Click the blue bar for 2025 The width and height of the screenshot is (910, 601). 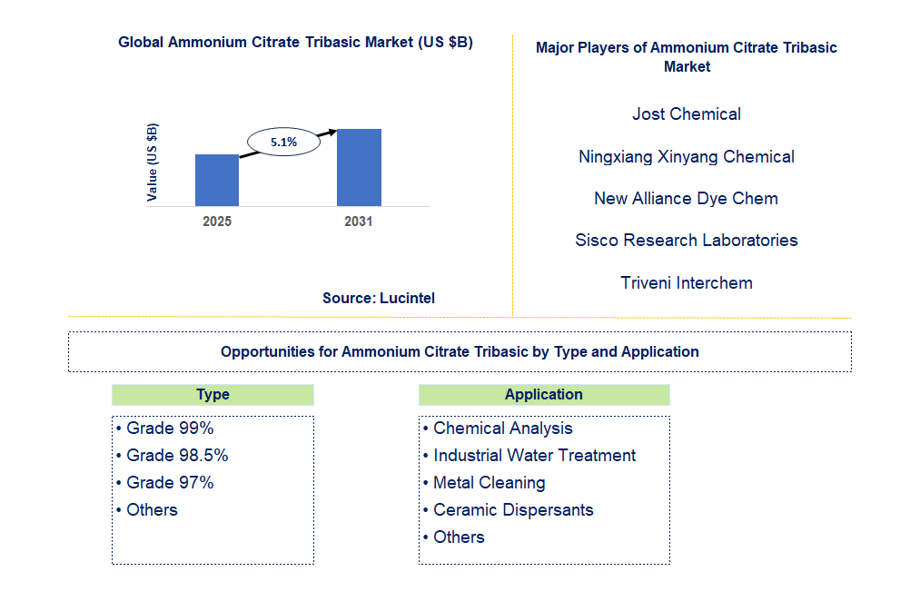coord(217,180)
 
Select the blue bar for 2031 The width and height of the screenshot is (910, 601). coord(360,167)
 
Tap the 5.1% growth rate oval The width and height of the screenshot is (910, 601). coord(283,142)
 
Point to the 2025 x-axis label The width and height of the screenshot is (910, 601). coord(217,222)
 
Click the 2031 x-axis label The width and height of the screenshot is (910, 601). coord(358,222)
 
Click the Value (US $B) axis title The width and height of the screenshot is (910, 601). coord(152,163)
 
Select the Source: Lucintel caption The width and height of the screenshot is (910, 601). coord(379,298)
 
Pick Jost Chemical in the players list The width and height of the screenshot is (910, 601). coord(687,113)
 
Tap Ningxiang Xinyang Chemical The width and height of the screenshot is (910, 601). coord(687,157)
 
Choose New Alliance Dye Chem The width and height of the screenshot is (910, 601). coord(686,199)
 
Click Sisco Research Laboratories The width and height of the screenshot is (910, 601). coord(687,241)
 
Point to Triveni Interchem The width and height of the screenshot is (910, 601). coord(687,282)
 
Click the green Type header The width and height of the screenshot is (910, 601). coord(213,395)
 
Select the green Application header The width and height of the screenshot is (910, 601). coord(544,395)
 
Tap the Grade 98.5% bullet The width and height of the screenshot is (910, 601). coord(173,456)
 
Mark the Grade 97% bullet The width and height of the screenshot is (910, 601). coord(164,483)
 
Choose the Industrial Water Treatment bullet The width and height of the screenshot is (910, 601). coord(529,456)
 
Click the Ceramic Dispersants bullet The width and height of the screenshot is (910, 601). coord(509,510)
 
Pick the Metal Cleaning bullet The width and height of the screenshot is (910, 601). coord(484,483)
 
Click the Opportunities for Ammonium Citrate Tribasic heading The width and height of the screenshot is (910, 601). coord(460,351)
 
